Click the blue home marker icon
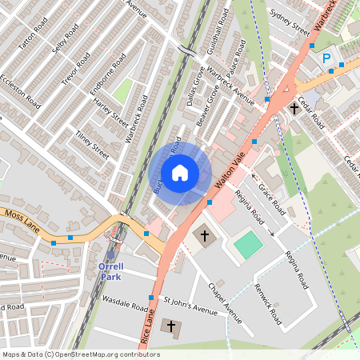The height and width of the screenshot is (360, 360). coord(180,173)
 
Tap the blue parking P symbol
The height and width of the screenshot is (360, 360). coord(326,58)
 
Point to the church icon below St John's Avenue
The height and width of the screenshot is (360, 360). coord(170,326)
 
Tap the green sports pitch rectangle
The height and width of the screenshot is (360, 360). coord(249,243)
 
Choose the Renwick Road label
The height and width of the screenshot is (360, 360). coord(267,306)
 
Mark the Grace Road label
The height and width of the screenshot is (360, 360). coord(271,197)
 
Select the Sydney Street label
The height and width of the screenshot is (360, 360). coord(290,23)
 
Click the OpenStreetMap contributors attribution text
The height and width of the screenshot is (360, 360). coord(80,354)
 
